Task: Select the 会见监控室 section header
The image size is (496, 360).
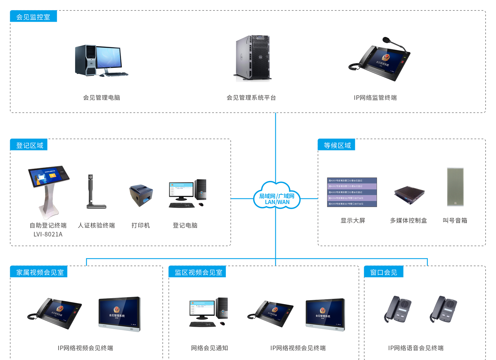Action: tap(33, 17)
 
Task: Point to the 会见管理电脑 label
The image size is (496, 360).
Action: tap(101, 98)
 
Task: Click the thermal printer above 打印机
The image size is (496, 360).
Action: tap(141, 195)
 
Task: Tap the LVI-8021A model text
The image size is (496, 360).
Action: tap(48, 234)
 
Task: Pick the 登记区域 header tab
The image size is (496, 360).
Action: tap(29, 145)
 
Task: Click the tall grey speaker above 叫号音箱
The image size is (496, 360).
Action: tap(455, 187)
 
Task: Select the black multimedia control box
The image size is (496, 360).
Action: tap(409, 195)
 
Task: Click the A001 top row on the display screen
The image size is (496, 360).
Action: tap(352, 180)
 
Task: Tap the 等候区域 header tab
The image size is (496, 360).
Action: tap(337, 145)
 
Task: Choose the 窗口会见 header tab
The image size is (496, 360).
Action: tap(384, 272)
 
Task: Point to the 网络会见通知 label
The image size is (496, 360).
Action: tap(209, 348)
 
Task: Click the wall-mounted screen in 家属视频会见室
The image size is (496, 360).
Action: tap(119, 314)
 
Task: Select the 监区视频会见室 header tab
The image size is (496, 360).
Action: tap(198, 272)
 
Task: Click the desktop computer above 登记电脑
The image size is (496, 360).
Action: tap(187, 193)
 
